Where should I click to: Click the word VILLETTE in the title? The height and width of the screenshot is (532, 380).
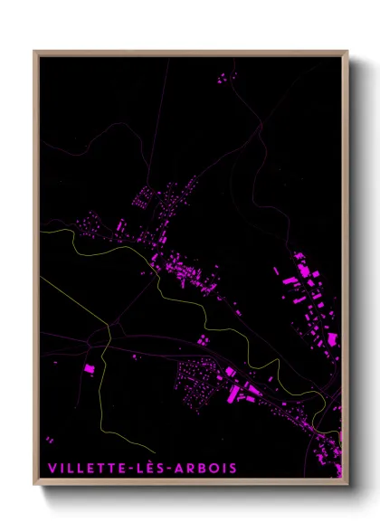coord(89,468)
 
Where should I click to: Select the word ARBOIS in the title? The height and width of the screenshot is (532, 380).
coord(208,468)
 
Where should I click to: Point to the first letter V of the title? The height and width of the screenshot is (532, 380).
coord(52,468)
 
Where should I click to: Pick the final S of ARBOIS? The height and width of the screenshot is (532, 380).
coord(233,468)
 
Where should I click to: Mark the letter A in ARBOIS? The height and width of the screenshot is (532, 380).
coord(182,468)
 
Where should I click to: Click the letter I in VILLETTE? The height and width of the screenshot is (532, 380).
coord(62,468)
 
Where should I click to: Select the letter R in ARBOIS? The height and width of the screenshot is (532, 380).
coord(194,468)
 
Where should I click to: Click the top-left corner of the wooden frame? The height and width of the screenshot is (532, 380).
coord(34,51)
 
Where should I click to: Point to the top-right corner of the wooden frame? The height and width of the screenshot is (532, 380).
coord(348,51)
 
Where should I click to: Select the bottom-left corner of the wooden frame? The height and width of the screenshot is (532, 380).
coord(34,487)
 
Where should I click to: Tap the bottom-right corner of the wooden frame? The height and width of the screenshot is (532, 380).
coord(348,487)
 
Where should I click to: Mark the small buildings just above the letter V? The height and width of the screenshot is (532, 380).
coord(49,440)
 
